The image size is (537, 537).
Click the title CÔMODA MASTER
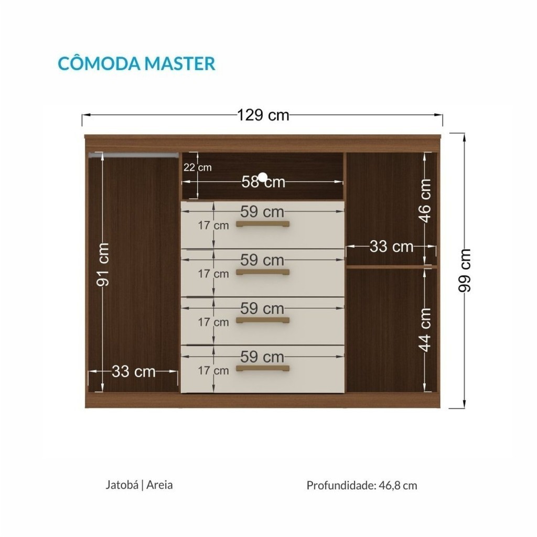tap(137, 63)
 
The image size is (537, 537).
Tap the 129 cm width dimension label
tap(263, 115)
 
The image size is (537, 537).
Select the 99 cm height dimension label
tap(465, 271)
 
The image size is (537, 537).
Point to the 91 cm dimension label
tap(103, 264)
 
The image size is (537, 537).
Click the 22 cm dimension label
tap(198, 167)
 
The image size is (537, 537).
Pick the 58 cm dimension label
tap(263, 182)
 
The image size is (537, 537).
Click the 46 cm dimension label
tap(425, 201)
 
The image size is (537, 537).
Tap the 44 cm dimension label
tap(425, 329)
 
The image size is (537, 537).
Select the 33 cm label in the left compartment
tap(134, 371)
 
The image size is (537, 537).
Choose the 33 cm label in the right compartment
tap(391, 246)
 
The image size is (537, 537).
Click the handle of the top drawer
tap(263, 224)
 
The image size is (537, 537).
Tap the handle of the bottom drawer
tap(263, 369)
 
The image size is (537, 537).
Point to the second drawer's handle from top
tap(263, 273)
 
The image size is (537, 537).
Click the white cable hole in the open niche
tap(263, 177)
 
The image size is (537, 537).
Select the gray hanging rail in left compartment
tap(134, 155)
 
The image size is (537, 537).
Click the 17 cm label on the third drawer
tap(213, 323)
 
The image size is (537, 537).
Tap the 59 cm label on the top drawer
tap(262, 212)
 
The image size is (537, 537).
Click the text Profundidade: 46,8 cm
tap(362, 485)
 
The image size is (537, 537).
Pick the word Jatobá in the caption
tap(122, 485)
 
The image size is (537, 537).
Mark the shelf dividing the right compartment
tap(392, 266)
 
